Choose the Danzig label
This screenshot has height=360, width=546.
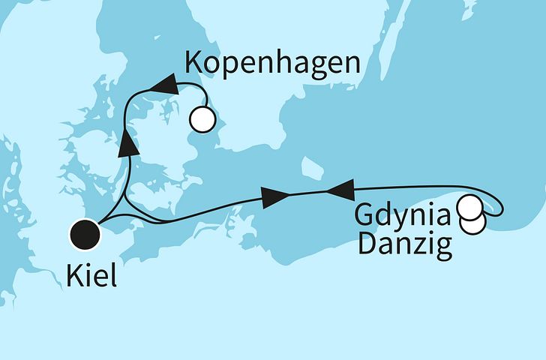click(x=405, y=244)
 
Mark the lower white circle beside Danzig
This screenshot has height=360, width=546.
click(x=473, y=223)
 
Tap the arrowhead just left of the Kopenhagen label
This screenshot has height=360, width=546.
click(x=163, y=87)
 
